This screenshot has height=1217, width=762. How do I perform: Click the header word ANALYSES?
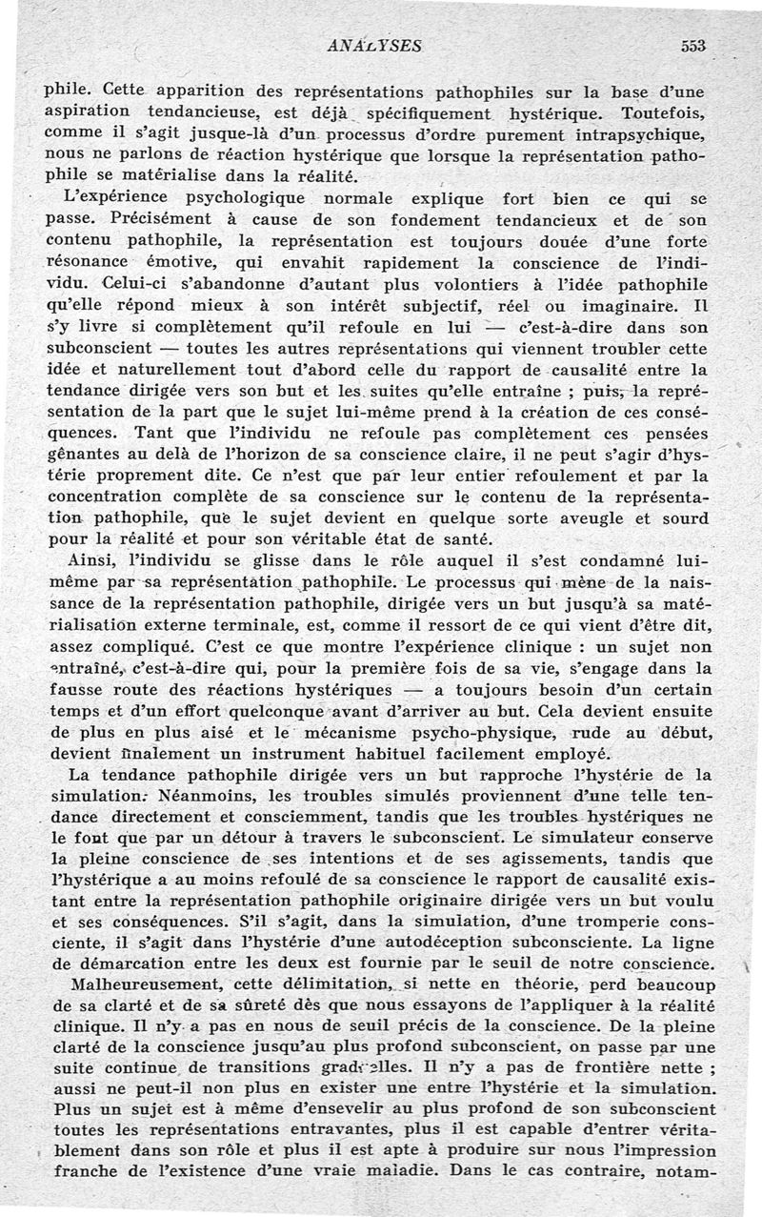(x=374, y=45)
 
